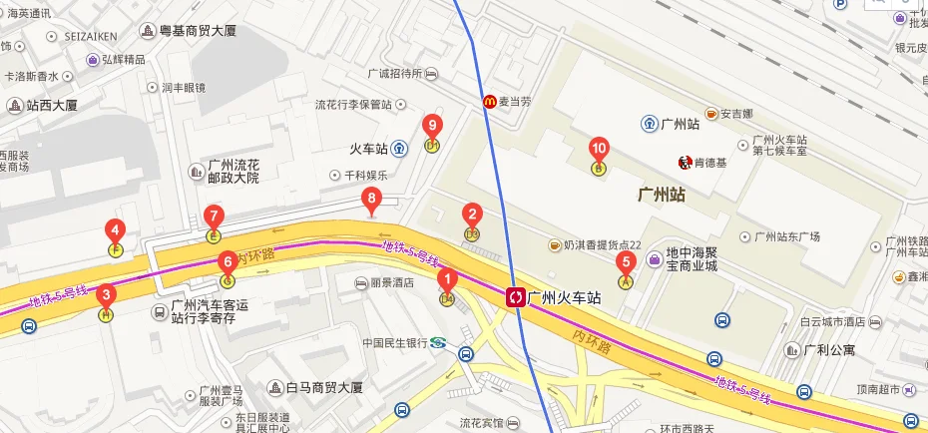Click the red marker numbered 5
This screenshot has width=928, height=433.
(x=627, y=265)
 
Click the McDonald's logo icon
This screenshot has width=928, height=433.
(x=490, y=100)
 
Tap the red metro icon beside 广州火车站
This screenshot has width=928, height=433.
(x=516, y=296)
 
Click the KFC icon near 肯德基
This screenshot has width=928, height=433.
(x=686, y=162)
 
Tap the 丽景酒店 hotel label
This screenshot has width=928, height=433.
(x=390, y=283)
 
